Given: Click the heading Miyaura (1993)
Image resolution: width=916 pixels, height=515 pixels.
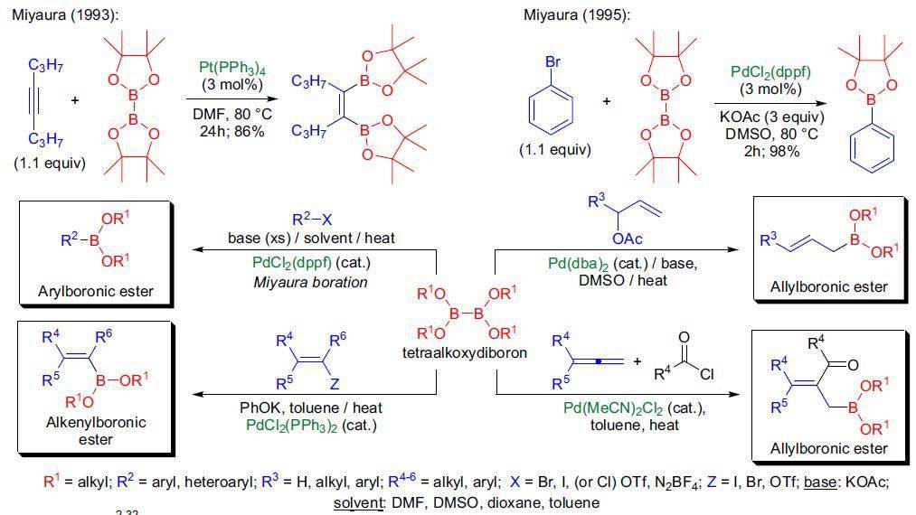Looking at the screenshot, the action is pyautogui.click(x=65, y=15).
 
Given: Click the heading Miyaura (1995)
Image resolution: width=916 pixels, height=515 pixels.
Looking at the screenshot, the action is pyautogui.click(x=577, y=15).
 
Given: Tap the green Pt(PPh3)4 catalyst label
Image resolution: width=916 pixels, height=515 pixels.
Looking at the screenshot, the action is pyautogui.click(x=232, y=69).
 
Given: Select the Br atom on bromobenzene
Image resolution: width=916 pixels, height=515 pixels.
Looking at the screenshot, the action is pyautogui.click(x=552, y=61).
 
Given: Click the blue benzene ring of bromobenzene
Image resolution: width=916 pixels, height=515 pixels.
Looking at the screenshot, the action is pyautogui.click(x=551, y=110).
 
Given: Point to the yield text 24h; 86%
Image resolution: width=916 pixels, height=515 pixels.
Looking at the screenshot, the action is pyautogui.click(x=231, y=131).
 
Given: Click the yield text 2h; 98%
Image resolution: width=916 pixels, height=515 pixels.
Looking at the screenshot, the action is pyautogui.click(x=771, y=151).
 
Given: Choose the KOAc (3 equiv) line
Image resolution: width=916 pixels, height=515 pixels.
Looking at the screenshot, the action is pyautogui.click(x=771, y=117).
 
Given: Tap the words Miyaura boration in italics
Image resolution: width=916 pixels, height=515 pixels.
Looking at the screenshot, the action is pyautogui.click(x=311, y=283).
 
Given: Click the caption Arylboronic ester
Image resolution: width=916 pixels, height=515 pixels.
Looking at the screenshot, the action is pyautogui.click(x=96, y=291).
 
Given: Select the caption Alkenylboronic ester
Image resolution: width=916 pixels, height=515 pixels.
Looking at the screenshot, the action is pyautogui.click(x=96, y=431).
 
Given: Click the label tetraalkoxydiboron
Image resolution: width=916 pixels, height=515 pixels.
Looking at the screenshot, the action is pyautogui.click(x=465, y=352).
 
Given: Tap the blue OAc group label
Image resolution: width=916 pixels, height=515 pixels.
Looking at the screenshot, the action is pyautogui.click(x=628, y=239).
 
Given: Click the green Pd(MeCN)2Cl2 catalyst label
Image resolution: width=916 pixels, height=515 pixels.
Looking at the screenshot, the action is pyautogui.click(x=613, y=408).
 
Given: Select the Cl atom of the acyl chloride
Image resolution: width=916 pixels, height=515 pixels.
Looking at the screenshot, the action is pyautogui.click(x=707, y=374).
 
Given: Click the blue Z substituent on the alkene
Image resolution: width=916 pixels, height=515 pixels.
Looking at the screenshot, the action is pyautogui.click(x=335, y=384).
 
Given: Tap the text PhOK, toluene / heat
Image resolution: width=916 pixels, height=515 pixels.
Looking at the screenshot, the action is pyautogui.click(x=311, y=407).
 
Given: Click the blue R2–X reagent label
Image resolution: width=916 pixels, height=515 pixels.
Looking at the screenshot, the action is pyautogui.click(x=312, y=220).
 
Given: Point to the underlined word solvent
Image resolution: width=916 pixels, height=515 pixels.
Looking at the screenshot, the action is pyautogui.click(x=357, y=502).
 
